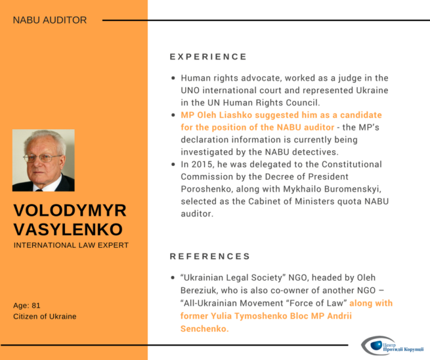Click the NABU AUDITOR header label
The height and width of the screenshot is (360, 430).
pos(50,20)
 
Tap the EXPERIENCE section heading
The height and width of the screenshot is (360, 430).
pos(208,56)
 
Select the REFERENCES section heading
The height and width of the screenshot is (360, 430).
pos(210,256)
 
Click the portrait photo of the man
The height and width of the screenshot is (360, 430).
pos(43,160)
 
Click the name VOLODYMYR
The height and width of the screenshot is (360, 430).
pos(70,210)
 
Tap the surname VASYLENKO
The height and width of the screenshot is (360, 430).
pos(68,230)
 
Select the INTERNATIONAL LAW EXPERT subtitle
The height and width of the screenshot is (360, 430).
pos(71,245)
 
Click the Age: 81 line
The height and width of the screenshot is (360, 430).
pos(27,306)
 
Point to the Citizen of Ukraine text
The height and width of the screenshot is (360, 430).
pos(45,317)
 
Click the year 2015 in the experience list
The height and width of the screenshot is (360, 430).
pos(203,165)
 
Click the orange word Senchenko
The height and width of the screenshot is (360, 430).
pos(205,329)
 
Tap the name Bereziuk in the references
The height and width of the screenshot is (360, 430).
pos(198,290)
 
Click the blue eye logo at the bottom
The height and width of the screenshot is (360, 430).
pos(376,345)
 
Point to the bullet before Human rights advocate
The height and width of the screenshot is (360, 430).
pos(173,78)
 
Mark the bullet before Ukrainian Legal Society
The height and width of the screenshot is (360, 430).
pos(173,278)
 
